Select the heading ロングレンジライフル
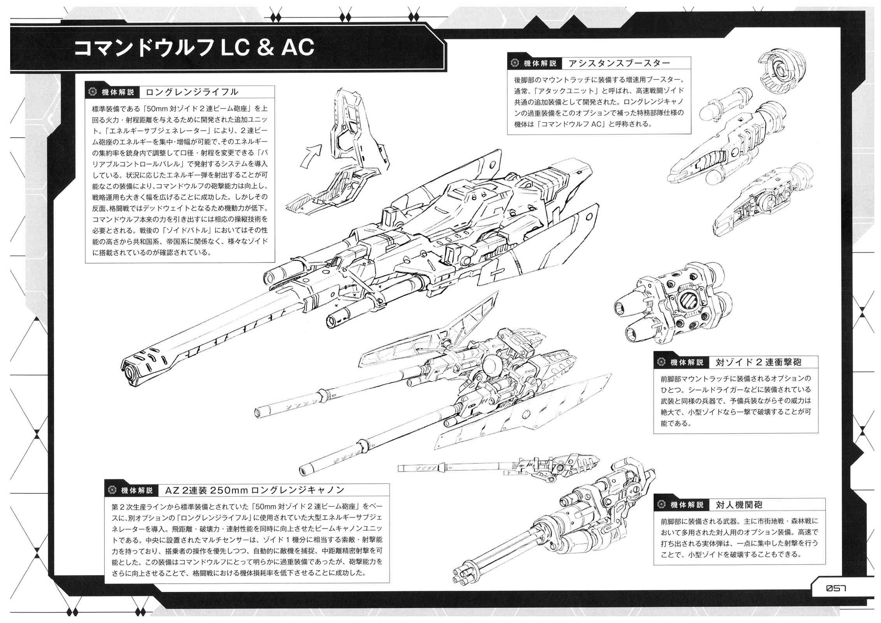point(192,92)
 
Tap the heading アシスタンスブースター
point(619,63)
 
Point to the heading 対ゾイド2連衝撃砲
point(758,362)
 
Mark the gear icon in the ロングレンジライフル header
point(92,92)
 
